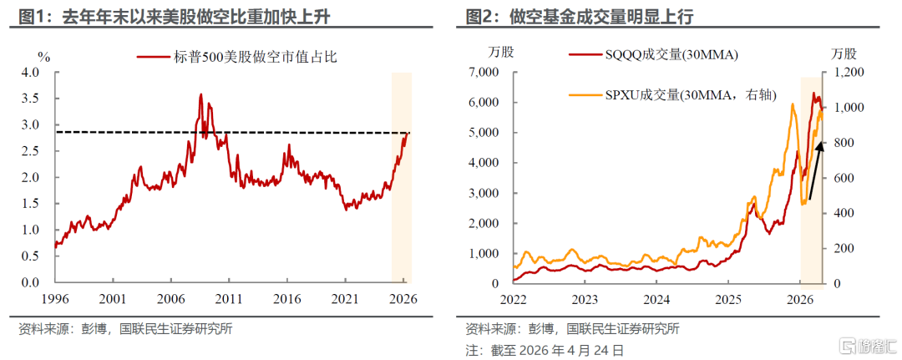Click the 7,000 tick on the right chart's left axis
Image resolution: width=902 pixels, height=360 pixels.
click(482, 73)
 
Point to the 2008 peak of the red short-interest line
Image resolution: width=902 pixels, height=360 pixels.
click(200, 95)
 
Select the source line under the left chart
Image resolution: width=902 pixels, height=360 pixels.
click(125, 328)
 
